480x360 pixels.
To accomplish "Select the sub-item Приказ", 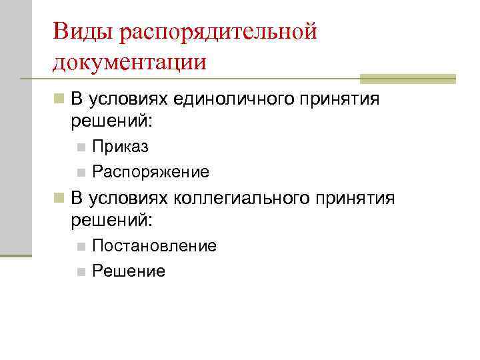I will pyautogui.click(x=121, y=147).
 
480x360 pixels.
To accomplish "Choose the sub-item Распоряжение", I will pyautogui.click(x=151, y=173).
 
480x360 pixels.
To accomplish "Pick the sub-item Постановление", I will pyautogui.click(x=155, y=246).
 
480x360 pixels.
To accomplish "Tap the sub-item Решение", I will pyautogui.click(x=129, y=271).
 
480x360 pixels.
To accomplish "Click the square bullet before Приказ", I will pyautogui.click(x=81, y=147).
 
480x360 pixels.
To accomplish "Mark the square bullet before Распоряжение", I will pyautogui.click(x=81, y=173).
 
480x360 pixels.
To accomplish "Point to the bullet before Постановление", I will pyautogui.click(x=81, y=247).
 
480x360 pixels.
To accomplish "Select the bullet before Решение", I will pyautogui.click(x=81, y=272).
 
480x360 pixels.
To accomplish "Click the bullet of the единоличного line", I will pyautogui.click(x=60, y=100).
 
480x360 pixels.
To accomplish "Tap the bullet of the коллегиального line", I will pyautogui.click(x=60, y=198).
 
